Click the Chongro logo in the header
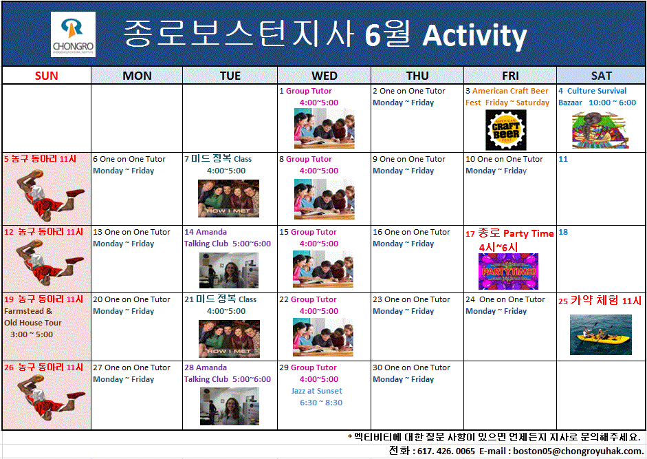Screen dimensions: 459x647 pos(73,34)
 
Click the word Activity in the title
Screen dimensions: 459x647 pos(474,35)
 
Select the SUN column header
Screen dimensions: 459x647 pos(46,76)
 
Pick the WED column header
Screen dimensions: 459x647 pos(324,76)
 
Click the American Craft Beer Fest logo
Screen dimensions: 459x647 pos(505,129)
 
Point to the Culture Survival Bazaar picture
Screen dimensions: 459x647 pos(600,129)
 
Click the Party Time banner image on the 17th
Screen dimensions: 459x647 pos(508,271)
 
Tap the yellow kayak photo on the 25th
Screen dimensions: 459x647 pos(600,334)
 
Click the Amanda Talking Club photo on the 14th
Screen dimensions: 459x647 pos(229,270)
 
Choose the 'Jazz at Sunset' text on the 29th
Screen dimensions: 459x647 pos(316,391)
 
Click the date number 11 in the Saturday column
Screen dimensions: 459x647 pos(563,159)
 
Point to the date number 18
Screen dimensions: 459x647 pos(563,233)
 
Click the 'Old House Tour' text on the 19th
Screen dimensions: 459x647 pos(33,323)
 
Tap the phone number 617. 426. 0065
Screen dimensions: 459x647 pos(445,451)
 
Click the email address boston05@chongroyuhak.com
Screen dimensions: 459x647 pos(573,451)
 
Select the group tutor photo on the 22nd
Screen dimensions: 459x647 pos(324,338)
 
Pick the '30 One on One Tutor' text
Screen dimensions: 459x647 pos(411,367)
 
